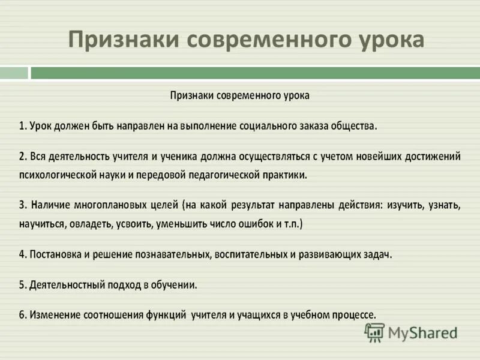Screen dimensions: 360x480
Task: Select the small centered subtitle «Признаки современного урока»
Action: (x=240, y=95)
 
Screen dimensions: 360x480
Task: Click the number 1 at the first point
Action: (x=21, y=127)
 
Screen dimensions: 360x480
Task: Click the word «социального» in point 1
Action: (x=254, y=127)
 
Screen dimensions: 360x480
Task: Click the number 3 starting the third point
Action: (x=21, y=206)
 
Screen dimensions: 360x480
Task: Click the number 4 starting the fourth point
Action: (x=21, y=254)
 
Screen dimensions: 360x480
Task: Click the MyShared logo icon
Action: (x=375, y=331)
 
